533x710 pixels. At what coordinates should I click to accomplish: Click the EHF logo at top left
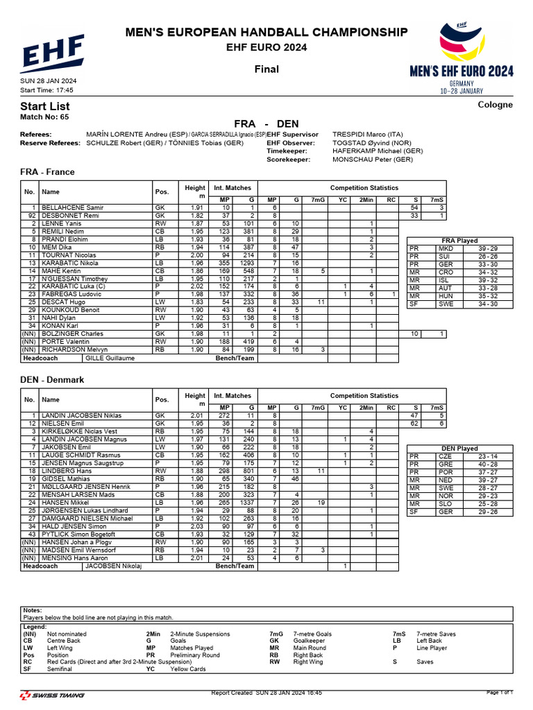point(53,53)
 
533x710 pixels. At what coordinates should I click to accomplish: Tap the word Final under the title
point(266,69)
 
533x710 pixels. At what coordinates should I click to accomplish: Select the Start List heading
point(45,106)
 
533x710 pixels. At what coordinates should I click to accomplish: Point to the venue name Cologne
point(496,105)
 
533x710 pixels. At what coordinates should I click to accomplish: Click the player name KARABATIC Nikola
point(69,263)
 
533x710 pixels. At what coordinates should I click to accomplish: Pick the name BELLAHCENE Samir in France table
point(72,208)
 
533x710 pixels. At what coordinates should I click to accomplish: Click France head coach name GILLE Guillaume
point(110,358)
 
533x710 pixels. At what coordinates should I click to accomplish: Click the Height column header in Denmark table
point(194,399)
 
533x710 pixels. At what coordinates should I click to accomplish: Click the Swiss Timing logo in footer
point(53,695)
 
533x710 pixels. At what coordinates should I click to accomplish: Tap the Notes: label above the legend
point(33,610)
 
